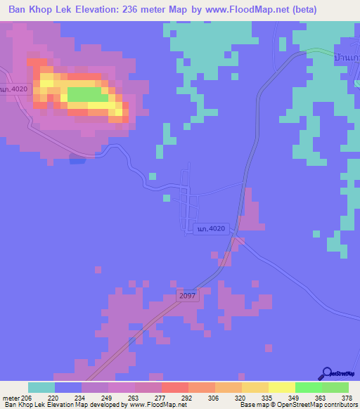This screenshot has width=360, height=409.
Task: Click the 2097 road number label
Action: coord(188,297)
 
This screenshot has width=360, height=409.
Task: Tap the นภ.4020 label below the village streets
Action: coord(211,229)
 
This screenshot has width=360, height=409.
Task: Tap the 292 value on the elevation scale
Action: coord(188,397)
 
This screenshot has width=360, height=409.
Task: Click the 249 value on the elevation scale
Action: coord(108,397)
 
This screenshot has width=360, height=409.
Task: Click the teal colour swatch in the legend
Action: coord(41,387)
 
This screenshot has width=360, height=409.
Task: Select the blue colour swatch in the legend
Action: coord(68,387)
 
